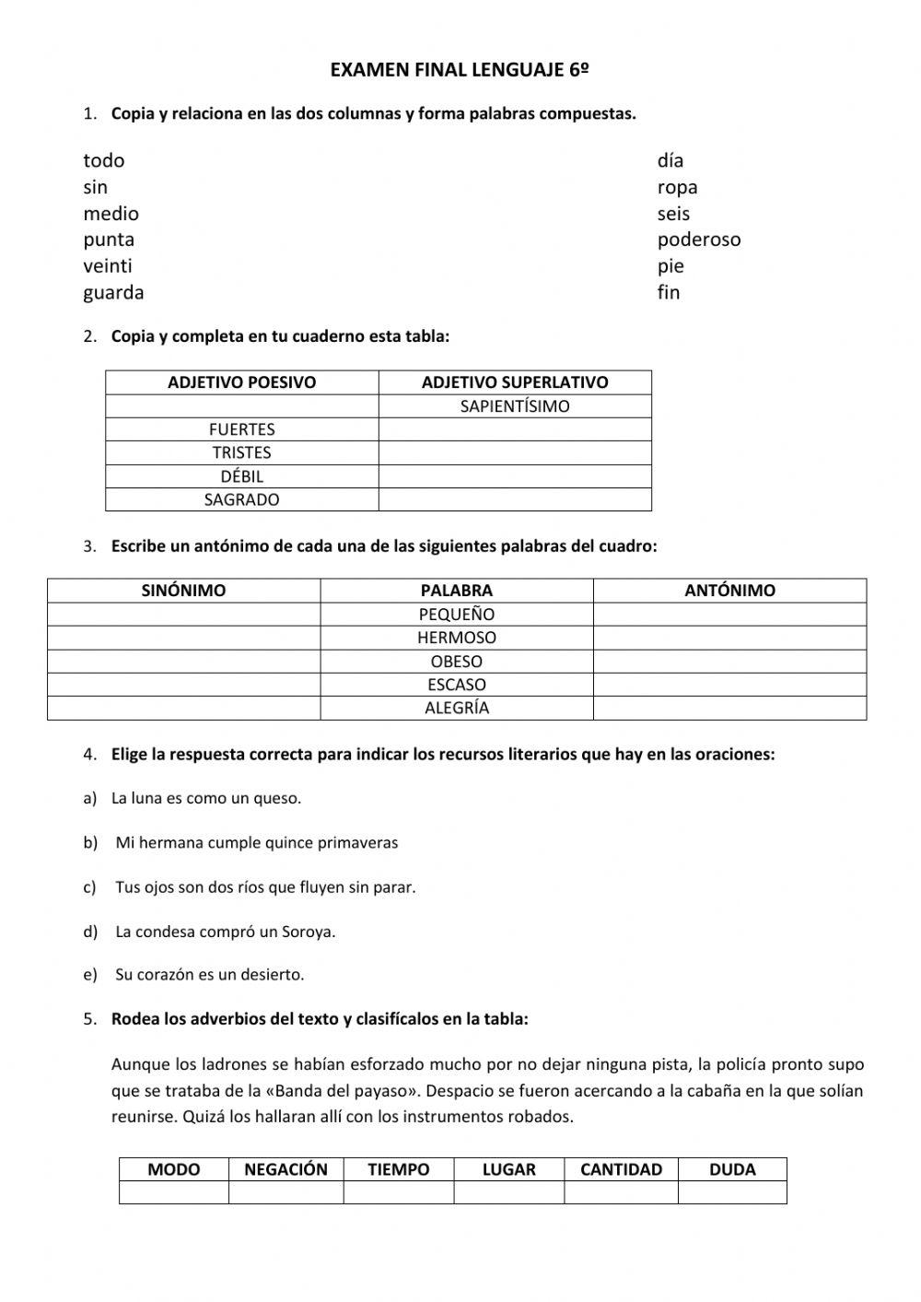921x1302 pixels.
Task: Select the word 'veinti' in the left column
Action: click(x=108, y=266)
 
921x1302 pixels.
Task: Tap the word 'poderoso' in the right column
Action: click(x=698, y=240)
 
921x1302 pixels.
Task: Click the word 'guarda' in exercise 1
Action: click(x=113, y=293)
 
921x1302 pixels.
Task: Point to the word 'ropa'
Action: click(x=677, y=187)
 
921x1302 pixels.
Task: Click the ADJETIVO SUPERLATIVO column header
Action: click(x=515, y=382)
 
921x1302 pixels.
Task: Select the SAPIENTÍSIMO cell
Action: click(x=515, y=406)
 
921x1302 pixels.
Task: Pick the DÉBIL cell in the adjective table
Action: click(x=241, y=476)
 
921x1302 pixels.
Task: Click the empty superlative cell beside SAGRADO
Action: click(x=515, y=499)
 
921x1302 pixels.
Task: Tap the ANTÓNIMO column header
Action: click(x=729, y=591)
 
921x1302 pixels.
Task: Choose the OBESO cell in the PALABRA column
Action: click(x=456, y=662)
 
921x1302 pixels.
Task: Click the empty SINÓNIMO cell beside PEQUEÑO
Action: click(x=183, y=615)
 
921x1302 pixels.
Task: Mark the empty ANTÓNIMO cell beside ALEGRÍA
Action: click(x=729, y=708)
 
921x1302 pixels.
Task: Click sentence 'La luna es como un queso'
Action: click(x=206, y=799)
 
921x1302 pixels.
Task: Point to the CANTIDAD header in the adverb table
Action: click(x=621, y=1169)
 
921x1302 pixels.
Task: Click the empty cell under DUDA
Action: click(x=732, y=1192)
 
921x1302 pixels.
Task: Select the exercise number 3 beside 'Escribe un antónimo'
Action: click(x=88, y=546)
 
